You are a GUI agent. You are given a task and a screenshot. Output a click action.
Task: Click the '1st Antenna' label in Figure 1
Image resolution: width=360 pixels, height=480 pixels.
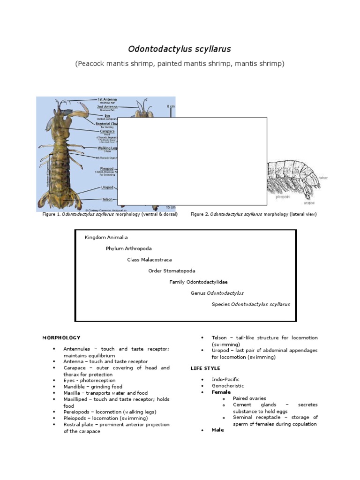point(107,99)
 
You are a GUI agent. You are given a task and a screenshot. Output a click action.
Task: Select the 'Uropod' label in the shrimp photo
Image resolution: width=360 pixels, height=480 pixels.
point(107,187)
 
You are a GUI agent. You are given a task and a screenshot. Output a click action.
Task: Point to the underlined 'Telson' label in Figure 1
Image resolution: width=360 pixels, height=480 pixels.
point(107,199)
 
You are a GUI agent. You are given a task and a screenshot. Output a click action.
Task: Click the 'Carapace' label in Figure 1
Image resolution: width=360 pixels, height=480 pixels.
point(107,131)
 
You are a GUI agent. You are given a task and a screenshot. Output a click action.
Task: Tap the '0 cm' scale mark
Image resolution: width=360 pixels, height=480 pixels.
point(171,106)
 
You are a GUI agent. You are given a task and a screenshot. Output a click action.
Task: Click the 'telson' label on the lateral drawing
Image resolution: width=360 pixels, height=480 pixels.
point(322,178)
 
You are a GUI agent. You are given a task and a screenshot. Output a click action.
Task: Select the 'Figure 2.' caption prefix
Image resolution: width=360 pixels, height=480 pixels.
point(199,214)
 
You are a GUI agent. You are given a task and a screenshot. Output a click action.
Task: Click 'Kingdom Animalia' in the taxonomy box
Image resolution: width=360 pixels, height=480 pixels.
point(106,237)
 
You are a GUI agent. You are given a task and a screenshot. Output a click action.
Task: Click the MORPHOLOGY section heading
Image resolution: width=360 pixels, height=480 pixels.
point(61,337)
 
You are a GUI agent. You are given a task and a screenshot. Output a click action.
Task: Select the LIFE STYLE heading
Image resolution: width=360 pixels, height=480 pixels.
point(205,368)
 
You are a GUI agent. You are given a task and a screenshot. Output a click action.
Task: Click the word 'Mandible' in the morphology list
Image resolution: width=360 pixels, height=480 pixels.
point(74,387)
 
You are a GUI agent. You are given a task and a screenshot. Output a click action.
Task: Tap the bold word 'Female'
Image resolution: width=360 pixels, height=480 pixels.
point(221,392)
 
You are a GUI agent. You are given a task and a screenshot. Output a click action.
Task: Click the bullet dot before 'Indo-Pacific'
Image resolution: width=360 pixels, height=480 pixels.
point(202,379)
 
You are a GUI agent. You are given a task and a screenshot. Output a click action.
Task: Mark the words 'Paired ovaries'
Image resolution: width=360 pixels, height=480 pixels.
point(249,398)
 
